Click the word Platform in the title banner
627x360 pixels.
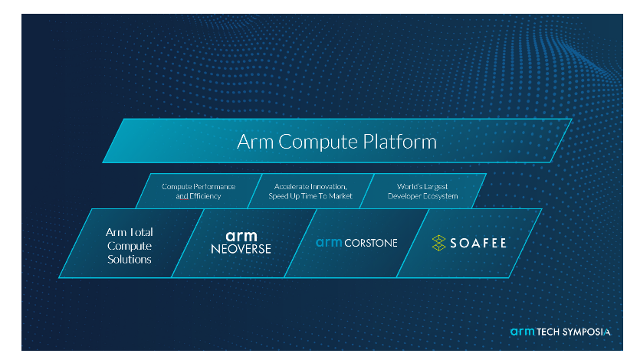399,142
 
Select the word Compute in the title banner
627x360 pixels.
318,142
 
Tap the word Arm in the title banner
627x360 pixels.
255,142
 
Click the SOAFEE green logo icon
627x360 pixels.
438,243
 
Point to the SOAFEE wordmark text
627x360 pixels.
478,243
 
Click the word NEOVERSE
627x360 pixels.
241,249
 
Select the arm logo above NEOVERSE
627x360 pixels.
241,236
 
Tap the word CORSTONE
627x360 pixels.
371,243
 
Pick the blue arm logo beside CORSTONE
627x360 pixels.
329,243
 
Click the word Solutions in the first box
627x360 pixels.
130,260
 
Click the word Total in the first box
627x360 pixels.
140,232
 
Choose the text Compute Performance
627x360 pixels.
199,187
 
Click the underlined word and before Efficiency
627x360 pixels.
182,196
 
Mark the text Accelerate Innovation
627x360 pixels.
310,187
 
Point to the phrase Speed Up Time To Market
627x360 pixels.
310,196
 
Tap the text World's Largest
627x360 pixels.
422,187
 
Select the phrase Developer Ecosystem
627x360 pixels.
422,196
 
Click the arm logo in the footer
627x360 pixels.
522,331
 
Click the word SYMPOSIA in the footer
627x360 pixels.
586,332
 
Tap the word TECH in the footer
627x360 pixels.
548,332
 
